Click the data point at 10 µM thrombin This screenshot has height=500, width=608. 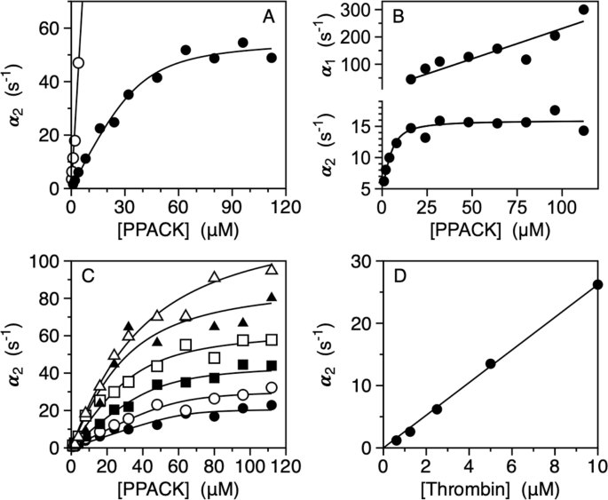click(x=597, y=284)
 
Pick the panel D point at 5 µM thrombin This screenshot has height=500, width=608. click(x=490, y=363)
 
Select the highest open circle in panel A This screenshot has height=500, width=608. click(x=78, y=63)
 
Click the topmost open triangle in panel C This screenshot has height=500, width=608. click(x=272, y=268)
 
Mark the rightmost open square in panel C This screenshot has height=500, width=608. click(x=272, y=339)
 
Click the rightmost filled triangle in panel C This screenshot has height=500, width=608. click(x=272, y=297)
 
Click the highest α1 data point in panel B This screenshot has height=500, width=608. click(x=583, y=10)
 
